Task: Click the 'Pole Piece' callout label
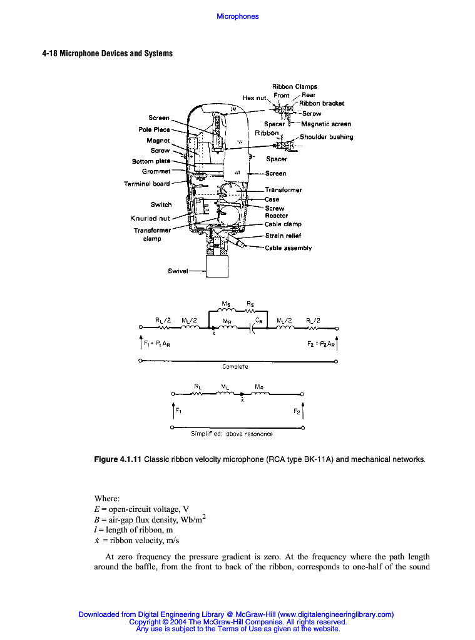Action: (x=154, y=129)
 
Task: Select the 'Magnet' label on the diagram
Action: (x=158, y=141)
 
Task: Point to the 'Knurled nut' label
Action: (x=150, y=218)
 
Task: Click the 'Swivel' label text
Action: (x=178, y=271)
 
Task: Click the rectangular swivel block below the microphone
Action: (x=218, y=267)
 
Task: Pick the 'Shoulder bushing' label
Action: (x=326, y=137)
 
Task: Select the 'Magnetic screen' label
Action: (x=326, y=124)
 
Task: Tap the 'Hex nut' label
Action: (x=255, y=97)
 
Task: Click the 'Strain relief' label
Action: (x=283, y=236)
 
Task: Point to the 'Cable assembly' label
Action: (x=288, y=248)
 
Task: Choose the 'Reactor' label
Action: (x=276, y=216)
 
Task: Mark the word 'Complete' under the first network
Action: (x=235, y=367)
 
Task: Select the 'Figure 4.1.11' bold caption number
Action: (x=118, y=460)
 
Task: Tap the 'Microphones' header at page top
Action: (x=237, y=16)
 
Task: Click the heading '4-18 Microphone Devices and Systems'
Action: (x=107, y=53)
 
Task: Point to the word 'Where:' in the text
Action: (x=107, y=498)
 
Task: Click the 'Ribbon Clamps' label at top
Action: (x=294, y=87)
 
